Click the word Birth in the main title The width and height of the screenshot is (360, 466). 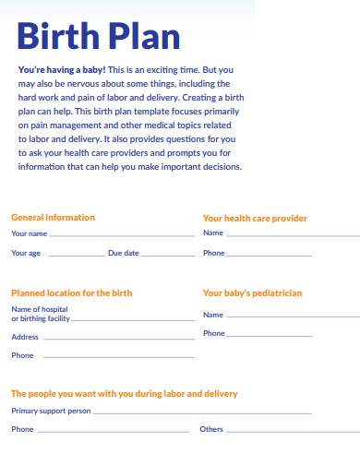pos(58,37)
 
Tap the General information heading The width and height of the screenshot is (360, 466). pos(53,218)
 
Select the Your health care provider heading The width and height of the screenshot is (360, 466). pos(255,219)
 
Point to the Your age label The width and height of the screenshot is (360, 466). pos(26,252)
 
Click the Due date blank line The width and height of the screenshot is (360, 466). pos(170,254)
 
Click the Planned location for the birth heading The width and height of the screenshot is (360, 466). pos(71,293)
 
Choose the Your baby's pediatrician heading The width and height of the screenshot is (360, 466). pos(252,293)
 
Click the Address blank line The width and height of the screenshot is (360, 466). pos(119,339)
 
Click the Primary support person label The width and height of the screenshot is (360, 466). pos(51,411)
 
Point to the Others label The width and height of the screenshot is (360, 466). pos(211,429)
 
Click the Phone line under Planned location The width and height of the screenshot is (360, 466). pos(119,356)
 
